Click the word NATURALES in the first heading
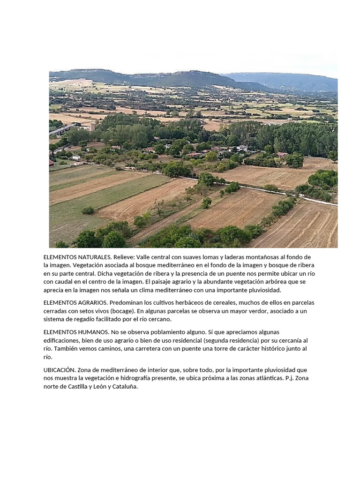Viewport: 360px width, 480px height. pyautogui.click(x=93, y=257)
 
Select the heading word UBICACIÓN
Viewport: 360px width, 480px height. pyautogui.click(x=59, y=370)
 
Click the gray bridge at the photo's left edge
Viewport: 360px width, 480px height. pyautogui.click(x=61, y=129)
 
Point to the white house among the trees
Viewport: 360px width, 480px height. pyautogui.click(x=242, y=148)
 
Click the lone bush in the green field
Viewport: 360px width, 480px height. pyautogui.click(x=88, y=210)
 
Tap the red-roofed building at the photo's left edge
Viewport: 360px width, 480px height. pyautogui.click(x=51, y=163)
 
